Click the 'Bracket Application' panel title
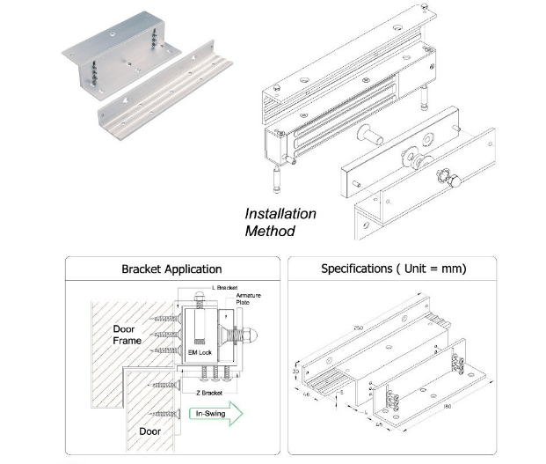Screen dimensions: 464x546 tap(170, 269)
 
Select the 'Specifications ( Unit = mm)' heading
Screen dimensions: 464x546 tap(393, 269)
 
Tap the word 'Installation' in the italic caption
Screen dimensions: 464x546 tap(280, 214)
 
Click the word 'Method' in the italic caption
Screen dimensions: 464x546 tap(270, 231)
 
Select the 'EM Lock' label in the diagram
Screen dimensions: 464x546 tap(200, 352)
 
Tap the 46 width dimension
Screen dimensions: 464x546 tap(306, 394)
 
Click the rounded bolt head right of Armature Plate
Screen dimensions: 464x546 tap(250, 336)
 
